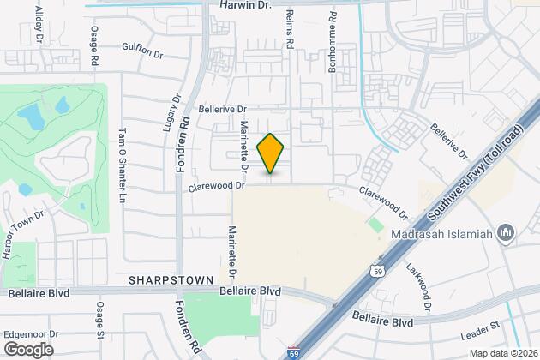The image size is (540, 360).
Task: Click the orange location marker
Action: click(x=270, y=153)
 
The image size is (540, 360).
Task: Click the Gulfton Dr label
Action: click(x=142, y=52)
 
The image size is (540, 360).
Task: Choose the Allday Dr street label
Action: click(x=39, y=18)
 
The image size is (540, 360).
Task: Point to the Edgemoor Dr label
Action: click(x=30, y=333)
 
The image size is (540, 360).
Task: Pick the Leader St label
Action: click(x=481, y=325)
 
